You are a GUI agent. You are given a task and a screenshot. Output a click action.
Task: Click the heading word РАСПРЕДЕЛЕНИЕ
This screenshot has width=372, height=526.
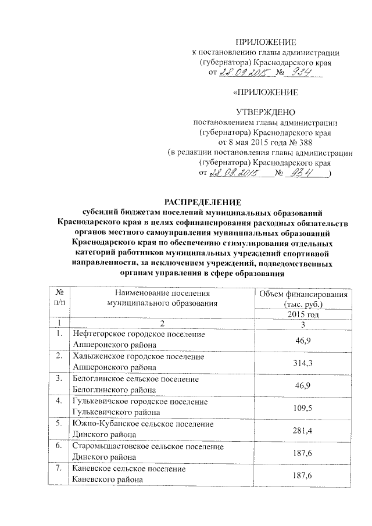202,202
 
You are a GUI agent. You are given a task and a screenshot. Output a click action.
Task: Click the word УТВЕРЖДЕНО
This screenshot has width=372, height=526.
265,112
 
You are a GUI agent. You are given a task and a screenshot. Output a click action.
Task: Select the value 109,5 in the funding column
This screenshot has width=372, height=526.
302,408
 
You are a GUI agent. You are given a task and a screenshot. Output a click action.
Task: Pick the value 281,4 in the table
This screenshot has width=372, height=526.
302,430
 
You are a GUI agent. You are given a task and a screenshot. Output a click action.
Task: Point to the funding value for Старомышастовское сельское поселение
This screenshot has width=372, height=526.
302,453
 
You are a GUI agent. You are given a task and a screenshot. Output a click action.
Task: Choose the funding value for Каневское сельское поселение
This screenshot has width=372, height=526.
302,475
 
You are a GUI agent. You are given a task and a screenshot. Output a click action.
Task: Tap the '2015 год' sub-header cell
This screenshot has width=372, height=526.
302,314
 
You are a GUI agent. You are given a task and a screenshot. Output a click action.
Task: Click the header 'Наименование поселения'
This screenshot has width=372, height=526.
162,294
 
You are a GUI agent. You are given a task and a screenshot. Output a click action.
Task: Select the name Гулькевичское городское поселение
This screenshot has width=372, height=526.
139,402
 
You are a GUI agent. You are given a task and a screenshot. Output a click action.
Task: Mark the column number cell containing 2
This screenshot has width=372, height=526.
162,324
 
